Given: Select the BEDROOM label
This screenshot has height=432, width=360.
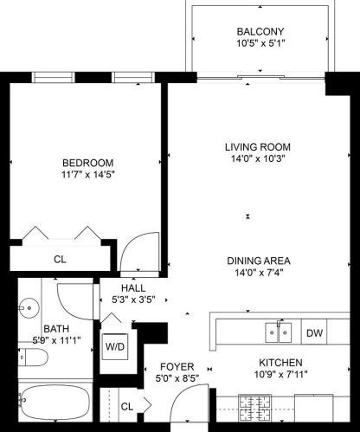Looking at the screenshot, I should (x=87, y=162).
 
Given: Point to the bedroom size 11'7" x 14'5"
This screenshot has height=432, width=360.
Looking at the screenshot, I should (x=87, y=175).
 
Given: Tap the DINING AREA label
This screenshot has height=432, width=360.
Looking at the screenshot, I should (x=258, y=261).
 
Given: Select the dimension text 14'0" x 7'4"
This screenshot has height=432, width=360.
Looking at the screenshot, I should (x=258, y=274).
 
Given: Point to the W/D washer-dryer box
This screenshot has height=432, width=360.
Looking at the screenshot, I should (x=114, y=346).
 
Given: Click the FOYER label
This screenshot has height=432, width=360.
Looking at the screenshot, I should (x=176, y=366).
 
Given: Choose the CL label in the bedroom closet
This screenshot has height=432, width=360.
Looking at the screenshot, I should (x=60, y=258).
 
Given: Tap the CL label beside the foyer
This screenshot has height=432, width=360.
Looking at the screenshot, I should (x=126, y=405).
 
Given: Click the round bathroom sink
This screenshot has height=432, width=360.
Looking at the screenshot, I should (x=30, y=306).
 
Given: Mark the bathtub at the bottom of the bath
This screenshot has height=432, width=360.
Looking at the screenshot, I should (x=55, y=407).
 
